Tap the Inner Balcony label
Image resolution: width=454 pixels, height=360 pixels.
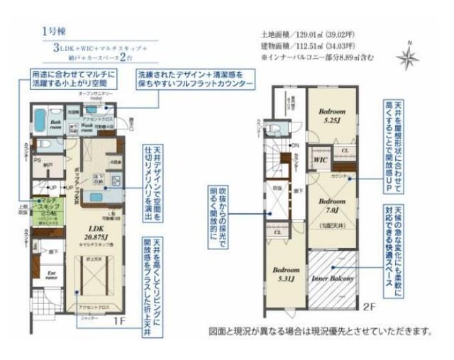coord(333,278)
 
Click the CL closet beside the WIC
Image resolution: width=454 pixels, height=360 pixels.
coord(343,151)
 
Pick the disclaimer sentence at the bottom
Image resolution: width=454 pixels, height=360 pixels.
coord(320,331)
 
